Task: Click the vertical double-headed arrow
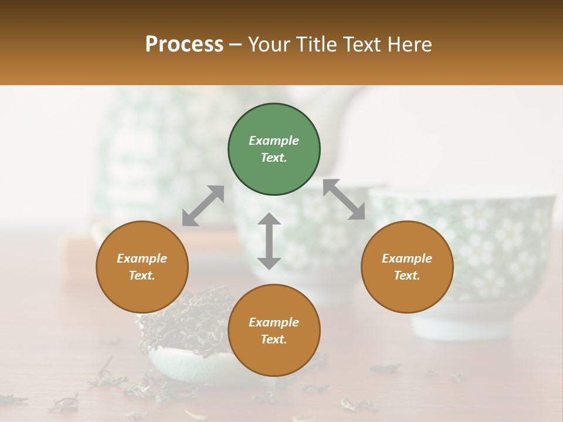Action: click(x=269, y=241)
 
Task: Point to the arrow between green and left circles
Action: click(x=203, y=206)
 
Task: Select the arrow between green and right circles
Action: click(x=344, y=199)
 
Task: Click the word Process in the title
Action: click(x=184, y=44)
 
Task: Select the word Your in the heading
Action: click(x=269, y=44)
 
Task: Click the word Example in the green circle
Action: click(x=274, y=141)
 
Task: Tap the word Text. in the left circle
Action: click(x=142, y=275)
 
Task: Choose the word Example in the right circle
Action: click(x=407, y=258)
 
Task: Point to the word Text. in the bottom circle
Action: click(x=274, y=339)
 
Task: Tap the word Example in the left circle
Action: click(x=142, y=258)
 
